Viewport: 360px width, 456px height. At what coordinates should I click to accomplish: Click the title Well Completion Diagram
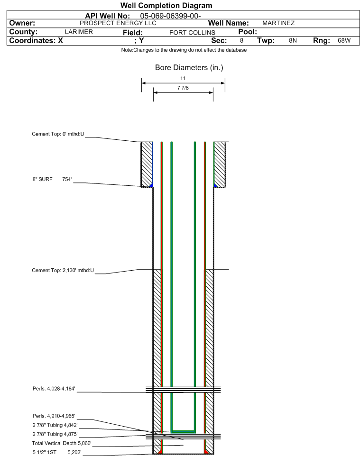pyautogui.click(x=166, y=5)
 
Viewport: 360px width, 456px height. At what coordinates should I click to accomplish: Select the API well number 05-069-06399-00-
pyautogui.click(x=171, y=16)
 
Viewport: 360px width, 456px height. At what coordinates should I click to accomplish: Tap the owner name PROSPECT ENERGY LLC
pyautogui.click(x=118, y=23)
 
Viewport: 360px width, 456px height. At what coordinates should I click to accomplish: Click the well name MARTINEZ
pyautogui.click(x=278, y=23)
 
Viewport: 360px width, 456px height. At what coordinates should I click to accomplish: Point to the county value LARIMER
pyautogui.click(x=79, y=32)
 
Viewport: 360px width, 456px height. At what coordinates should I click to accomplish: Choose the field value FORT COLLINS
pyautogui.click(x=193, y=33)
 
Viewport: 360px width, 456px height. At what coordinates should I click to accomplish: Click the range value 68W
pyautogui.click(x=344, y=40)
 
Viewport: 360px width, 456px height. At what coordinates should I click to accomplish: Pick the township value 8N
pyautogui.click(x=293, y=40)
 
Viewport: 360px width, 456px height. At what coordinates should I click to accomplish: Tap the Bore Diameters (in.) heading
pyautogui.click(x=189, y=67)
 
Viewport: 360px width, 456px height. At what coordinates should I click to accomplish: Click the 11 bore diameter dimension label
pyautogui.click(x=183, y=78)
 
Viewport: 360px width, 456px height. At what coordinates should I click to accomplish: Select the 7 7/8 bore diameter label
pyautogui.click(x=183, y=88)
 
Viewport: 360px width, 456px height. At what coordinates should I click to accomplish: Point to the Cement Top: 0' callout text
pyautogui.click(x=58, y=134)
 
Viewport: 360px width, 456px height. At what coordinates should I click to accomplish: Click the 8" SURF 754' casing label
pyautogui.click(x=52, y=179)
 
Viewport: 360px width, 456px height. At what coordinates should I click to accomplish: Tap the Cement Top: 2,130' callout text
pyautogui.click(x=63, y=270)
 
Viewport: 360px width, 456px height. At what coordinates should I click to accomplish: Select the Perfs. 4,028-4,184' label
pyautogui.click(x=54, y=389)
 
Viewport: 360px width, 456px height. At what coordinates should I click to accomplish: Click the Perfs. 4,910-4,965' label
pyautogui.click(x=54, y=416)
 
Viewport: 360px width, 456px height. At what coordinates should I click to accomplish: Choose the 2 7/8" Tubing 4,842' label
pyautogui.click(x=55, y=425)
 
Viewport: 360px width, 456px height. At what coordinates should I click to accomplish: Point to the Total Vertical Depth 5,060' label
pyautogui.click(x=62, y=443)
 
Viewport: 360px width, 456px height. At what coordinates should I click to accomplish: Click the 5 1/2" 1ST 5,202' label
pyautogui.click(x=57, y=452)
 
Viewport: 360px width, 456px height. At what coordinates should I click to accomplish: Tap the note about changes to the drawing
pyautogui.click(x=184, y=50)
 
